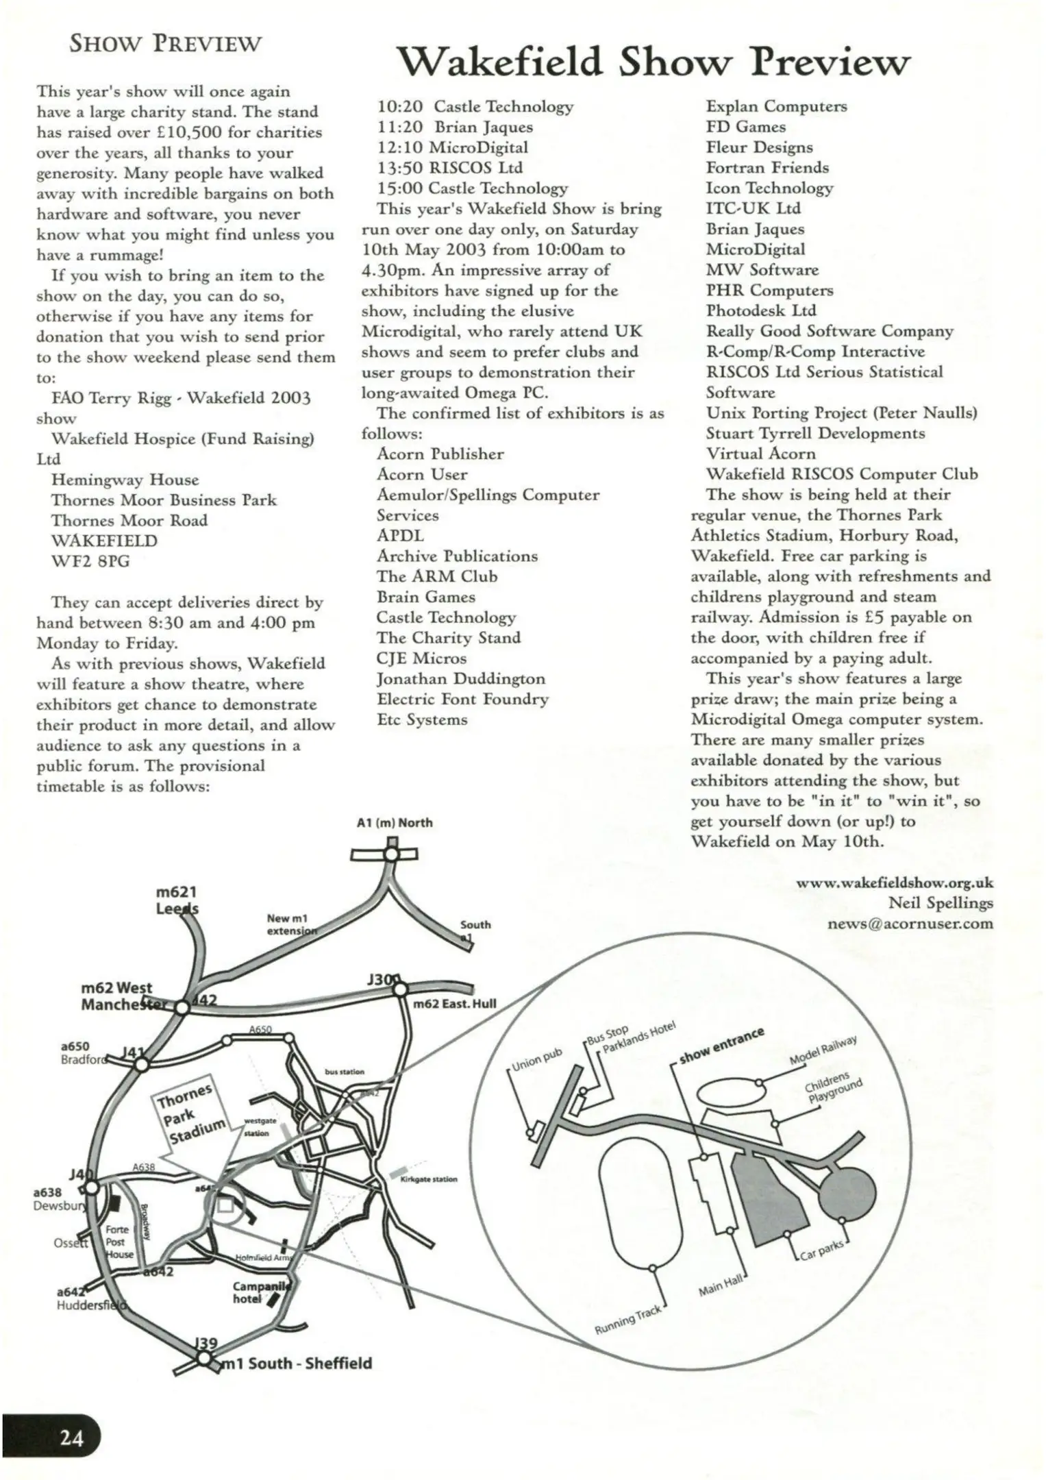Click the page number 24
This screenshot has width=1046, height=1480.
click(x=71, y=1435)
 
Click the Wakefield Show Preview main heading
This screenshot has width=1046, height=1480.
click(x=654, y=62)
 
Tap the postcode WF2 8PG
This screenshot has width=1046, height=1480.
click(x=90, y=561)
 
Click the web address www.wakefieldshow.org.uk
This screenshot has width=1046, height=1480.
click(x=894, y=883)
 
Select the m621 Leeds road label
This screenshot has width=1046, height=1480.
click(x=177, y=900)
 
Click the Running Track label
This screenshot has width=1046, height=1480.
click(x=628, y=1320)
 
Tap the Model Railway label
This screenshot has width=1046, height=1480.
click(x=823, y=1050)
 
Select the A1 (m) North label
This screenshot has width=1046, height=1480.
click(x=395, y=822)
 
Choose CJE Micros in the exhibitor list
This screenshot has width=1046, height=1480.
click(x=421, y=658)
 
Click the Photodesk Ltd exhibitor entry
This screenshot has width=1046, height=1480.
click(x=761, y=310)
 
